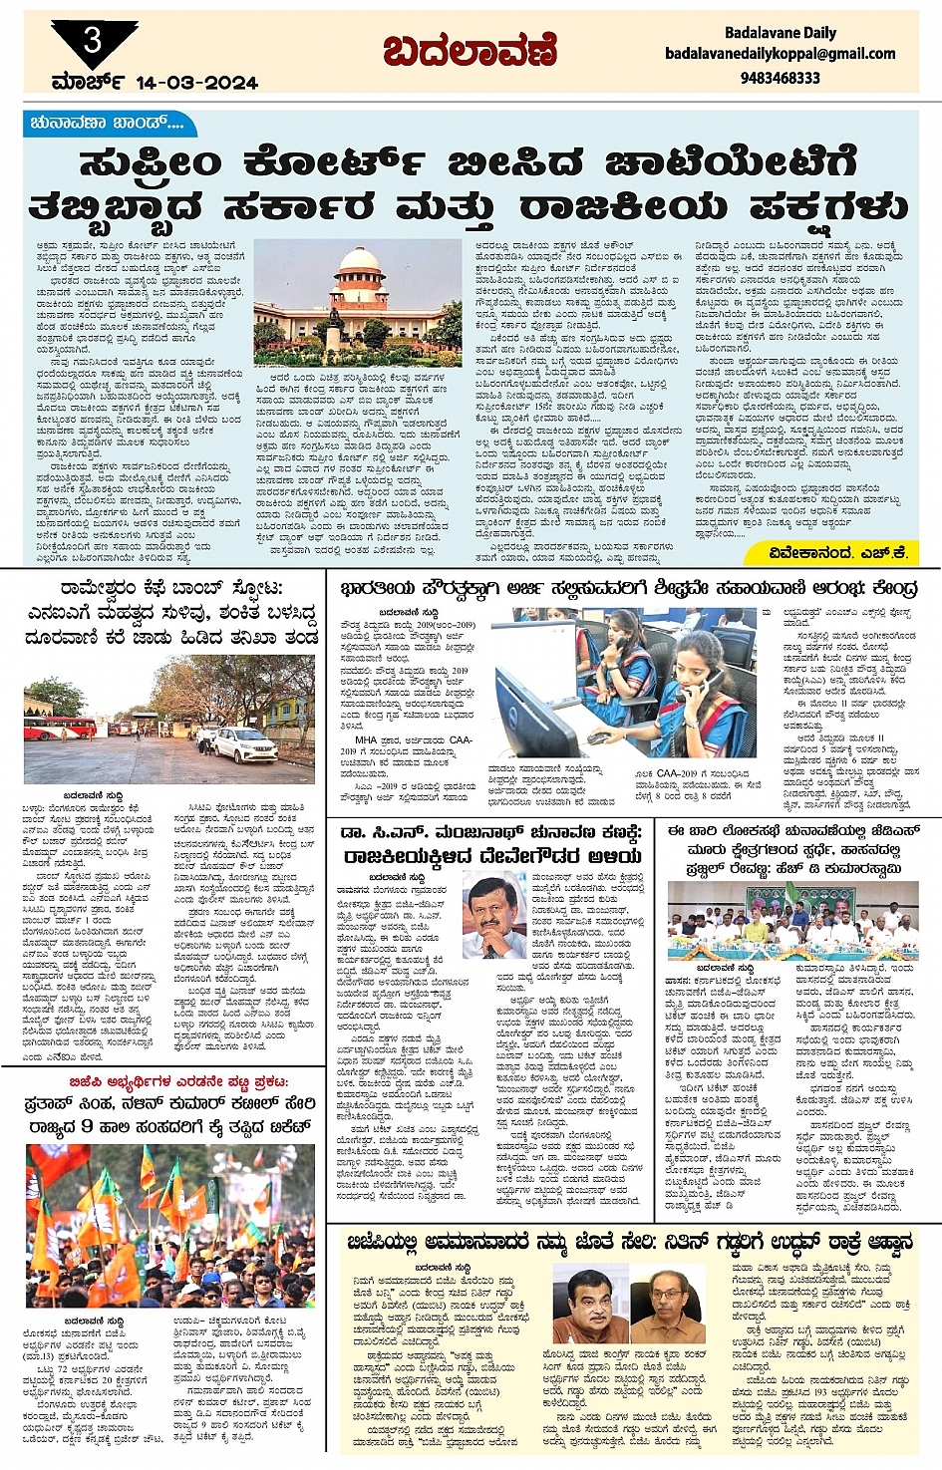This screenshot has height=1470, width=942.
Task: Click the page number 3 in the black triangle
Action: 93,41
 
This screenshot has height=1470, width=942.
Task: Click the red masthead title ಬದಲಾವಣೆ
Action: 470,50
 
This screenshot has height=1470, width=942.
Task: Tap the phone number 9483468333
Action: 781,77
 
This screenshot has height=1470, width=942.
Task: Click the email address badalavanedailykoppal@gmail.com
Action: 781,54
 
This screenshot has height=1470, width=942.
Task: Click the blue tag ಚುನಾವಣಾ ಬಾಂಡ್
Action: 108,124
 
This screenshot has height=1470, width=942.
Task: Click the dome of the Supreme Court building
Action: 357,266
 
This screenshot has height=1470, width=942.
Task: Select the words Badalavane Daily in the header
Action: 781,32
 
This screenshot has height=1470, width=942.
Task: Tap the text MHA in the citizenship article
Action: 366,740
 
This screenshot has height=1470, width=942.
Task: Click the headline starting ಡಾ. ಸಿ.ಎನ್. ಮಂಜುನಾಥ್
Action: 492,831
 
